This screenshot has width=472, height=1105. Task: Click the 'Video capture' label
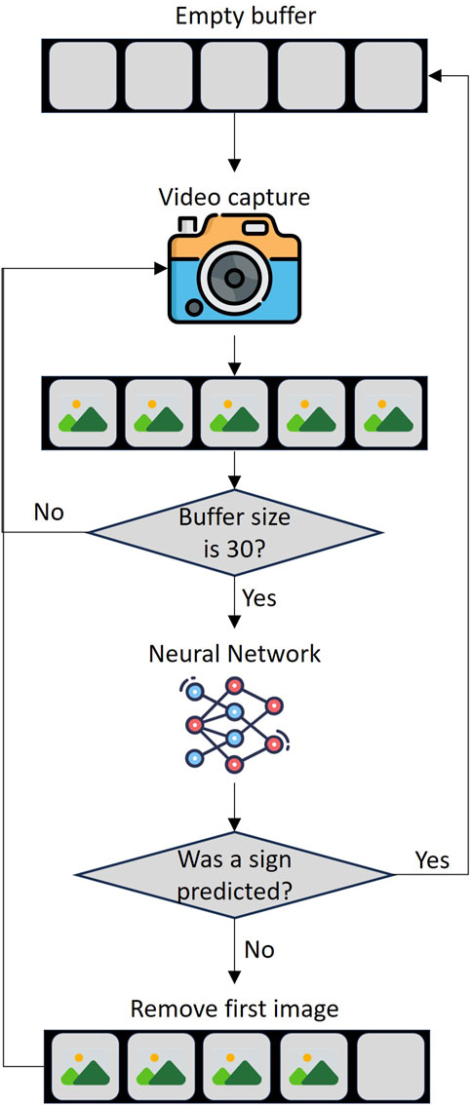click(234, 196)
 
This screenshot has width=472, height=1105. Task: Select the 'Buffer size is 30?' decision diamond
click(233, 531)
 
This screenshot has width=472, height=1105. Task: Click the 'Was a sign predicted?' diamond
click(234, 874)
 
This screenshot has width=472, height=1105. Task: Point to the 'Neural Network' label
click(234, 653)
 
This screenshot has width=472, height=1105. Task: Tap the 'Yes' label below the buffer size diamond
click(259, 598)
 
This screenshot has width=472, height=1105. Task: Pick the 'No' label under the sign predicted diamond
click(259, 951)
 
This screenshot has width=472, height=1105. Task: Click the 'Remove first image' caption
click(235, 1010)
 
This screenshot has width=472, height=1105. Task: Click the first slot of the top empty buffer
click(82, 75)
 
